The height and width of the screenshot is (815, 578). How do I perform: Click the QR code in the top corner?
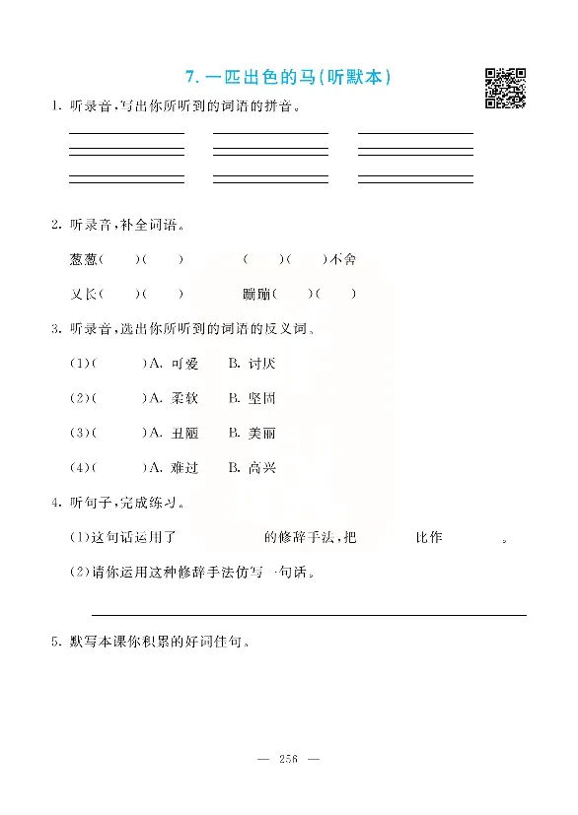pyautogui.click(x=505, y=88)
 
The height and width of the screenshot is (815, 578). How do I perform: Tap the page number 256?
pyautogui.click(x=289, y=758)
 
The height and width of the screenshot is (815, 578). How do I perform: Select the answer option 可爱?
pyautogui.click(x=184, y=364)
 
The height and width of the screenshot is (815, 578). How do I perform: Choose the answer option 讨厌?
pyautogui.click(x=261, y=364)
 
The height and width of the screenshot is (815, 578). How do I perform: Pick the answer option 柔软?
pyautogui.click(x=184, y=398)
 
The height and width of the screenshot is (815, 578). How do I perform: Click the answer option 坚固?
pyautogui.click(x=261, y=398)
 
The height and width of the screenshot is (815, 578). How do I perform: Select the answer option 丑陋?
pyautogui.click(x=184, y=433)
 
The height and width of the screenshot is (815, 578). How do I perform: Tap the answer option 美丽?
pyautogui.click(x=261, y=433)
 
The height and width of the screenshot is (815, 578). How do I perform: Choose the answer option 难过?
pyautogui.click(x=184, y=467)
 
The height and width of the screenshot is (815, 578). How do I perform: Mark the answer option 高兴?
pyautogui.click(x=261, y=467)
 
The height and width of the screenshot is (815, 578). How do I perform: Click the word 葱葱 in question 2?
pyautogui.click(x=83, y=259)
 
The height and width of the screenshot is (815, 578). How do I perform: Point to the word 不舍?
pyautogui.click(x=342, y=259)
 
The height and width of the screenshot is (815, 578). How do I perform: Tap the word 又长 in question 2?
pyautogui.click(x=83, y=294)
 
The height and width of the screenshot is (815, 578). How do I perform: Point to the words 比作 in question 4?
pyautogui.click(x=429, y=537)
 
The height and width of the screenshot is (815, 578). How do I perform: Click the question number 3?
pyautogui.click(x=55, y=328)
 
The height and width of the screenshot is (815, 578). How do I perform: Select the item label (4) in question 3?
pyautogui.click(x=78, y=467)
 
